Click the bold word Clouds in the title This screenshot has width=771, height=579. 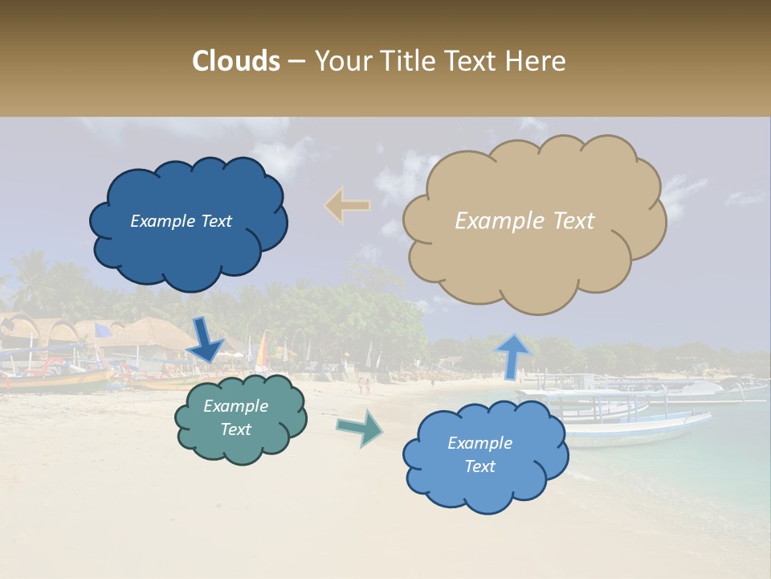click(x=236, y=61)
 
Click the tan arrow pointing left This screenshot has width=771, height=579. click(x=348, y=206)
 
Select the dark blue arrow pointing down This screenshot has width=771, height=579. click(x=206, y=339)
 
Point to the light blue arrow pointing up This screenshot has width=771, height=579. click(x=513, y=355)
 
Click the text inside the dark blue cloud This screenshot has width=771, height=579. click(x=181, y=221)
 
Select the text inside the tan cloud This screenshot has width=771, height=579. click(x=524, y=221)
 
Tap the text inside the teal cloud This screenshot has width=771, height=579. click(x=235, y=417)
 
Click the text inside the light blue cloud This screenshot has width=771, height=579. click(x=479, y=454)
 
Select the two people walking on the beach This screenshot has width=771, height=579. click(x=365, y=385)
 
